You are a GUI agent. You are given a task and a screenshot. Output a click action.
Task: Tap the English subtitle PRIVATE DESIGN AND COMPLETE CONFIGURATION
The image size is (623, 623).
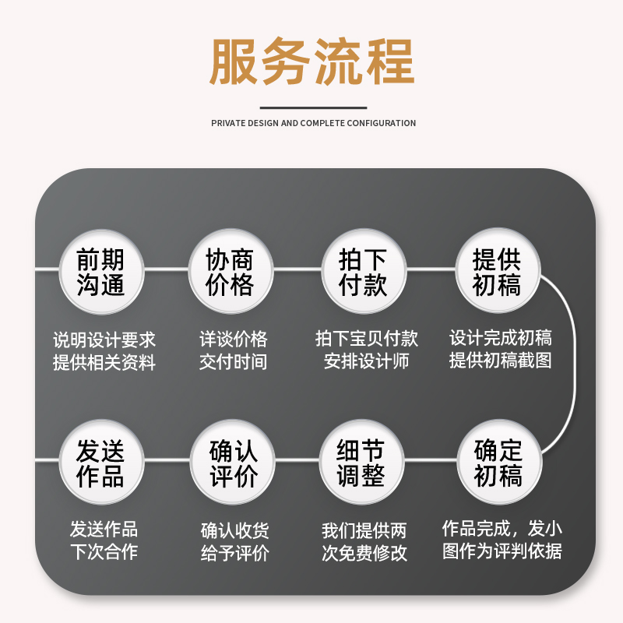click(313, 123)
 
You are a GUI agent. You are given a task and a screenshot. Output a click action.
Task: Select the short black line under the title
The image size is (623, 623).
click(312, 108)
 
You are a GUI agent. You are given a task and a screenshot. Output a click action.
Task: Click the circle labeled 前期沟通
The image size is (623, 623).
click(101, 271)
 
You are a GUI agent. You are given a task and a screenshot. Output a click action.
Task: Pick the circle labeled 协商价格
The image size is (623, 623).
click(231, 271)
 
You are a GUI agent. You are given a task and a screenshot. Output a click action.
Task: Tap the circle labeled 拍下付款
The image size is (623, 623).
click(363, 271)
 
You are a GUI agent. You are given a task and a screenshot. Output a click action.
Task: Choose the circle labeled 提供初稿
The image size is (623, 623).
click(497, 271)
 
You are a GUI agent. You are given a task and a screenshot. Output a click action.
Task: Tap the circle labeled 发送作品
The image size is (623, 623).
click(100, 463)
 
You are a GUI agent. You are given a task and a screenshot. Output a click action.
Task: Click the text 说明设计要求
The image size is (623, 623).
click(104, 340)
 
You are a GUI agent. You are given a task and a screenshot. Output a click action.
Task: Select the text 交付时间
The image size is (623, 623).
click(233, 362)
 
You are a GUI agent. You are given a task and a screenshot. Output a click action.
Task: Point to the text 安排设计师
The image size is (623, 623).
click(366, 362)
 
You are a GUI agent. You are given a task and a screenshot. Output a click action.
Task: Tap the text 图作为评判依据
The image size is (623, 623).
click(502, 551)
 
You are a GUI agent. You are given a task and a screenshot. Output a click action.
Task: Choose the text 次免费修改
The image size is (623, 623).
click(364, 553)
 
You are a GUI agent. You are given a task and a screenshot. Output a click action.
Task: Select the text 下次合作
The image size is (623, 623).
click(104, 552)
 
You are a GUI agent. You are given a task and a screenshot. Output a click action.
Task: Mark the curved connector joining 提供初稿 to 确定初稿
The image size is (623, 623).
click(575, 366)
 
